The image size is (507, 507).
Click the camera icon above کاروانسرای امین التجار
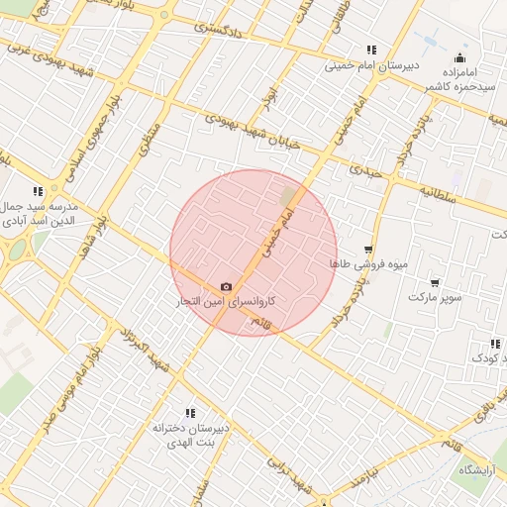[x=227, y=286]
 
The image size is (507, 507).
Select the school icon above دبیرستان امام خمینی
[x=371, y=50]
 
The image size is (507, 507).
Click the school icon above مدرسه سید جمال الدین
[x=38, y=190]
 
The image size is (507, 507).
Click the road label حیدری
[x=361, y=170]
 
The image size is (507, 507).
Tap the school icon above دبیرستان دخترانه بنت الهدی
[x=189, y=412]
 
